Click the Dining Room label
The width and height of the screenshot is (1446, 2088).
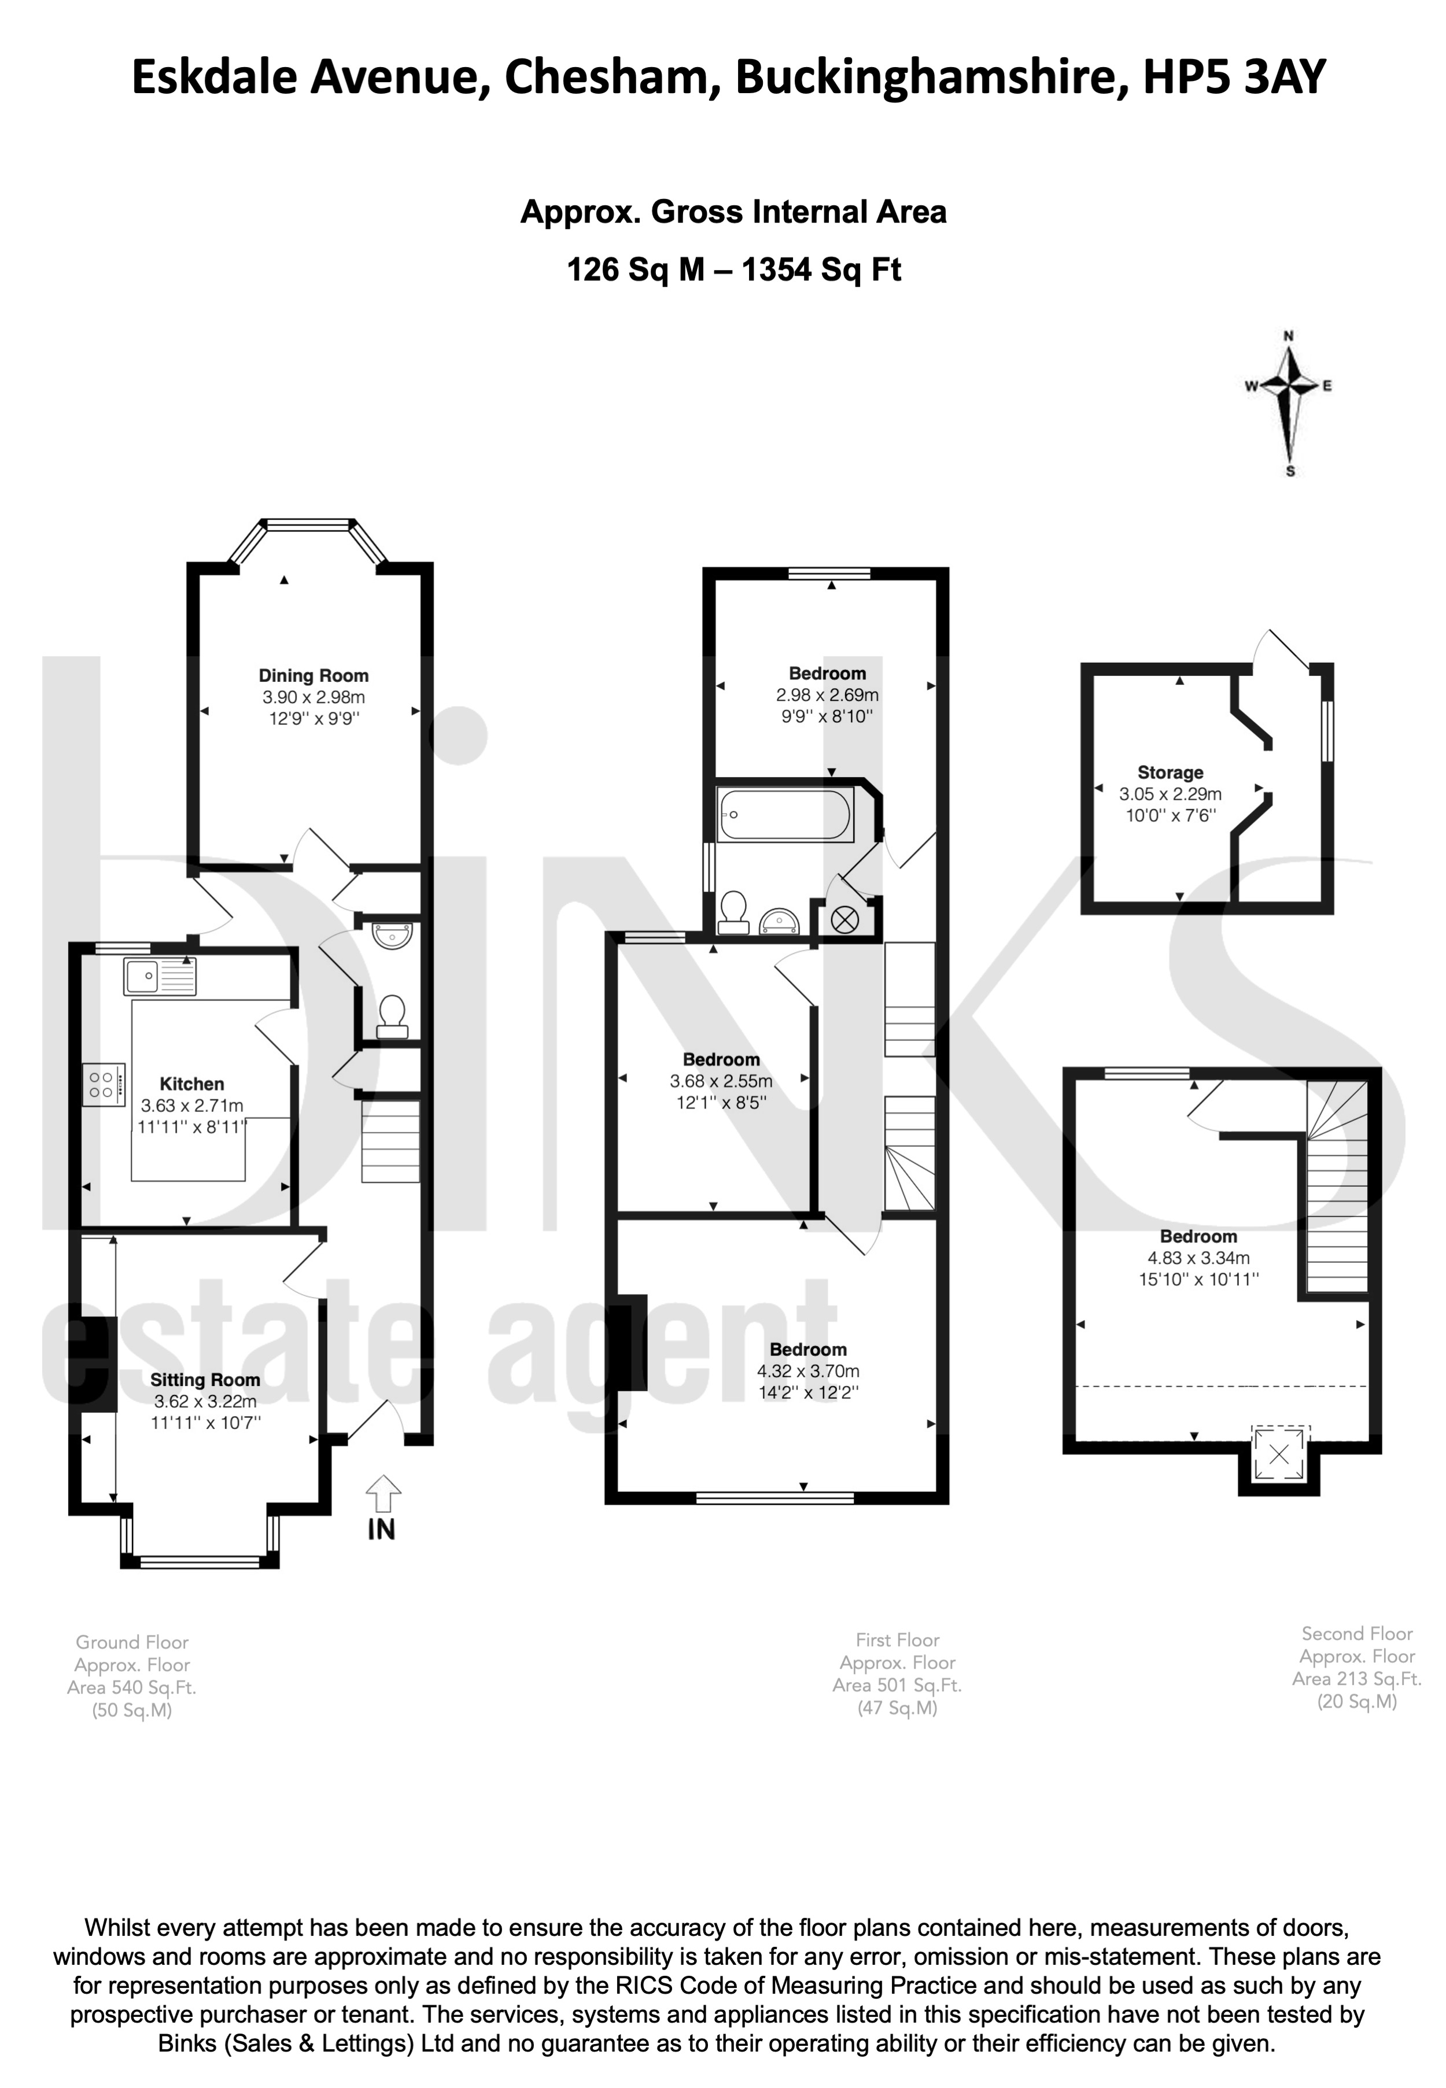pyautogui.click(x=313, y=676)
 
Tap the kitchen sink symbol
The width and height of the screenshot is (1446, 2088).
pyautogui.click(x=160, y=977)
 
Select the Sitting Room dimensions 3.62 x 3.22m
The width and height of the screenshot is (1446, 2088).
pyautogui.click(x=206, y=1402)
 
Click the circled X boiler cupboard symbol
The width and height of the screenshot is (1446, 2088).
pyautogui.click(x=844, y=921)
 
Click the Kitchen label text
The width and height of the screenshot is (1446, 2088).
pyautogui.click(x=192, y=1084)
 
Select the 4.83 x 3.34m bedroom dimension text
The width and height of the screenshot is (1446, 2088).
pyautogui.click(x=1198, y=1258)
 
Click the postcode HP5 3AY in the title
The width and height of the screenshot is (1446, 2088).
pyautogui.click(x=1234, y=77)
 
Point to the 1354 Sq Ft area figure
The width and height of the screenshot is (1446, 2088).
pyautogui.click(x=822, y=270)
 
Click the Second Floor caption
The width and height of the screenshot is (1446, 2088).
pyautogui.click(x=1357, y=1634)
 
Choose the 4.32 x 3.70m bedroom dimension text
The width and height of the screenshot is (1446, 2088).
pyautogui.click(x=808, y=1372)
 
